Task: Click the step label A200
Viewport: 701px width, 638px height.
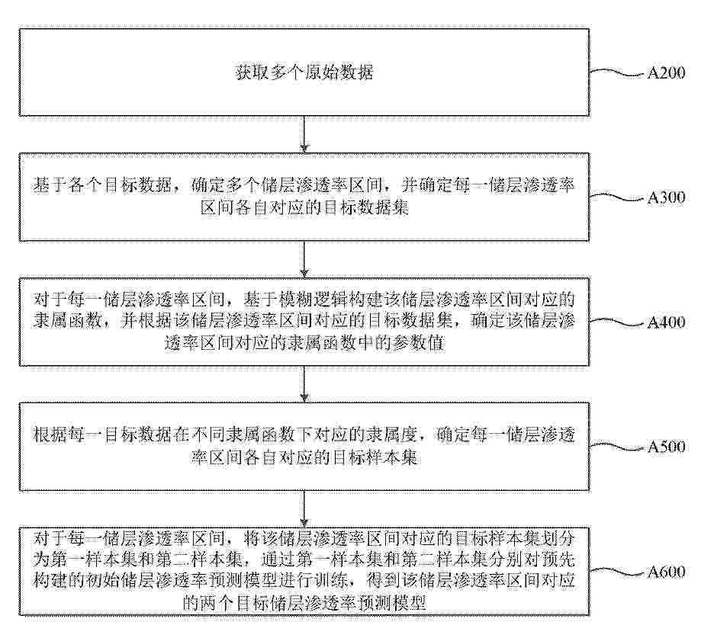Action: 666,73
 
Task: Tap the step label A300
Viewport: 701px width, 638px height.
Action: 666,197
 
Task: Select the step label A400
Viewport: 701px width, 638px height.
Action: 666,322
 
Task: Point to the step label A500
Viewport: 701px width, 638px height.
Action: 666,447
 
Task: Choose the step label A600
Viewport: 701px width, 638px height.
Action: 666,572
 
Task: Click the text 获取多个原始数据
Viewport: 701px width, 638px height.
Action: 304,72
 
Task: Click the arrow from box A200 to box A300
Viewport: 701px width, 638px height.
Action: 304,134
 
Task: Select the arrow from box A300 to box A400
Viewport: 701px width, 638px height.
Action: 304,259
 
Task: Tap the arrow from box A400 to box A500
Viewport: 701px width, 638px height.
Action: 304,383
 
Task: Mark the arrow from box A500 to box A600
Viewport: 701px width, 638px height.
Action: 304,508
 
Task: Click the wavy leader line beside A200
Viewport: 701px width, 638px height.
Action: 617,73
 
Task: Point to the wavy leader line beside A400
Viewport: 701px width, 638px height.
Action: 617,322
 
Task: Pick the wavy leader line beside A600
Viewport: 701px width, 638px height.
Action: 617,572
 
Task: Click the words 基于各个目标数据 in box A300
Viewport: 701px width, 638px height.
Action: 103,185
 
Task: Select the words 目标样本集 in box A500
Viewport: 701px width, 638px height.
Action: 375,457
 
